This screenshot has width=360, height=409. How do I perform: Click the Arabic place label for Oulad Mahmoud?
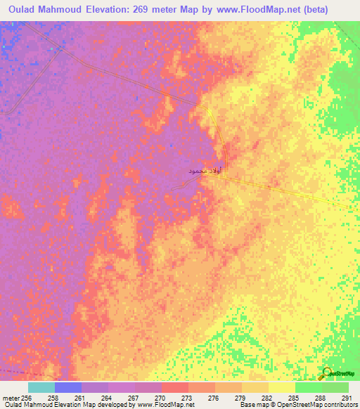[205, 170]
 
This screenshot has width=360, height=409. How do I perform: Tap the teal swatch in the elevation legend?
[41, 387]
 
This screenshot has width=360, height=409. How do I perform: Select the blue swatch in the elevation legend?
[67, 387]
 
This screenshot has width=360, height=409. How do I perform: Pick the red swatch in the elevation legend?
[174, 387]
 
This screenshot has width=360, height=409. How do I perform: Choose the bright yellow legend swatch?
[281, 387]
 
